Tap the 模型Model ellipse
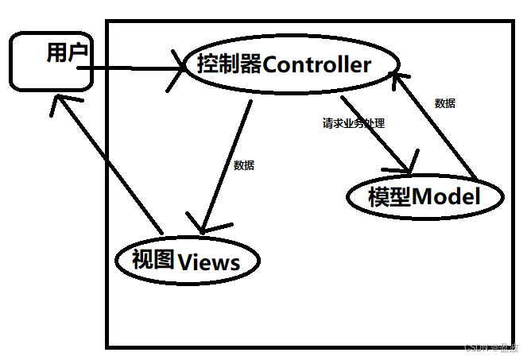(x=425, y=195)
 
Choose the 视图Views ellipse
(x=188, y=260)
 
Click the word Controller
(x=316, y=65)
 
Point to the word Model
(x=447, y=196)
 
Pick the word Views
(x=209, y=261)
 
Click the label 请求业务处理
(x=353, y=124)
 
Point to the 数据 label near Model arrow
(x=445, y=103)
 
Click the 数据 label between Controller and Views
(x=244, y=166)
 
